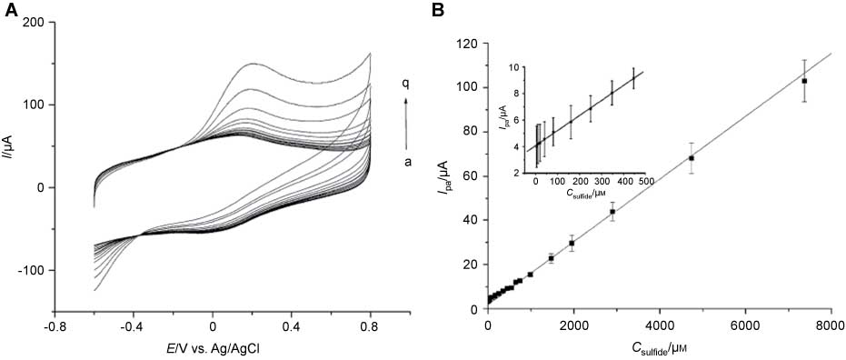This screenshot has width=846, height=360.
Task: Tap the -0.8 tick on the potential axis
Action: [56, 325]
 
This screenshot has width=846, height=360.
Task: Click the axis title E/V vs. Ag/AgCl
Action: [214, 346]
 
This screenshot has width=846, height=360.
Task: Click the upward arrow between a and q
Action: [406, 122]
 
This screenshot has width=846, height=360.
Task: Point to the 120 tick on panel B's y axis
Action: [467, 44]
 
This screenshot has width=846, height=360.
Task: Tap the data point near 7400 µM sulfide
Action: [803, 81]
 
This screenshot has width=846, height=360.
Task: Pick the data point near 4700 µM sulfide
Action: [692, 158]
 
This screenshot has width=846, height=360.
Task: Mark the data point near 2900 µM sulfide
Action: [612, 212]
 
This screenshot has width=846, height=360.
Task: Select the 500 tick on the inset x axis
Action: [646, 180]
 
